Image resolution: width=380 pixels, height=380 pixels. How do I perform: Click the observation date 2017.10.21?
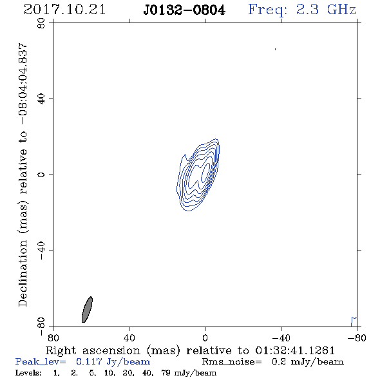[64, 10]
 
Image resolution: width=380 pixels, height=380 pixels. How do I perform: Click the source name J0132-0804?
[184, 10]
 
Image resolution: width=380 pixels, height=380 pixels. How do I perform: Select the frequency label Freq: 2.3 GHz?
[302, 10]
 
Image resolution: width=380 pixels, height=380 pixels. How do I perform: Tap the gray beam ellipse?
[87, 310]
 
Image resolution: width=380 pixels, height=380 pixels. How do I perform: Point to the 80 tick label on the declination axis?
[41, 23]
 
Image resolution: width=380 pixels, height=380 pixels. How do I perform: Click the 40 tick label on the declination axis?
[41, 99]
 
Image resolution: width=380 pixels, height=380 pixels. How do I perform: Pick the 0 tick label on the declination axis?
[41, 175]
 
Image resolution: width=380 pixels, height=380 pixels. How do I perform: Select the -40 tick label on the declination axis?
[41, 251]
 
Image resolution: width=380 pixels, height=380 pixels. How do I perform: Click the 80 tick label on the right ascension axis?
[53, 337]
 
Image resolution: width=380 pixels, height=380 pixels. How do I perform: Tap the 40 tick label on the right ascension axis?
[129, 337]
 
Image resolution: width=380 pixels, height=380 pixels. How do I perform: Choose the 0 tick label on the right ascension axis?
[205, 337]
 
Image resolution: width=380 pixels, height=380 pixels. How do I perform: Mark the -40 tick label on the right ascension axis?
[281, 337]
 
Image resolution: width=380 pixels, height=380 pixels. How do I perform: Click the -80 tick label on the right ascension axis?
[357, 337]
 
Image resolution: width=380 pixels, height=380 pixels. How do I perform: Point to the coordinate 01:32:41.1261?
[295, 350]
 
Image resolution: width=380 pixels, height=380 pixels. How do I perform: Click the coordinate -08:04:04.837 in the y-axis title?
[23, 84]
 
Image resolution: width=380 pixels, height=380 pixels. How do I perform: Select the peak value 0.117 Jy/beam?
[113, 362]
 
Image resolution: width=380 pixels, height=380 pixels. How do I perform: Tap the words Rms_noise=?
[232, 362]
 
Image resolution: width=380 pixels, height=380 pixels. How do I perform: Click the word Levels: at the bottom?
[28, 373]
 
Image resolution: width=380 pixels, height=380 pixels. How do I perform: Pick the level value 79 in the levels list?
[166, 373]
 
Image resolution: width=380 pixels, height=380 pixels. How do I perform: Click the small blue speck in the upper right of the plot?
[275, 49]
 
